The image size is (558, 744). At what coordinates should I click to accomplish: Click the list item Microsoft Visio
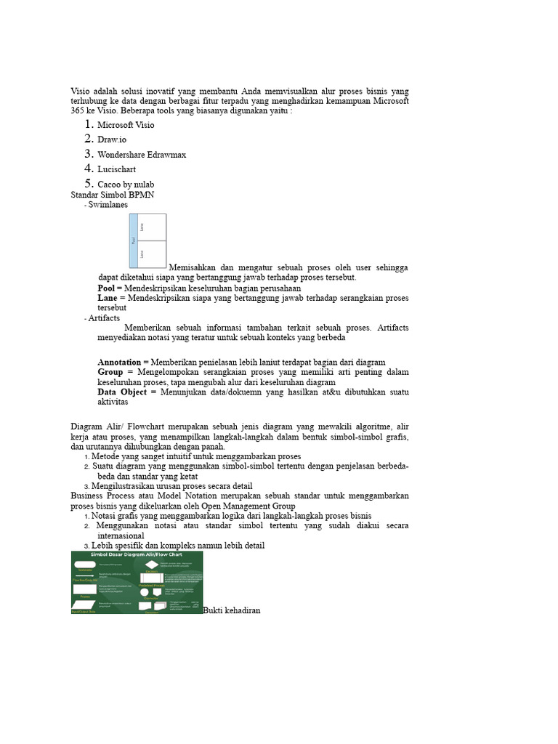tap(126, 125)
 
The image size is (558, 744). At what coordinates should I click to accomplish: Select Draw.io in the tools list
tap(112, 139)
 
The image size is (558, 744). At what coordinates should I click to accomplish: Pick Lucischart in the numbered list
tap(117, 169)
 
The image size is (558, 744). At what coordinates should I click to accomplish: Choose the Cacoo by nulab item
tap(126, 185)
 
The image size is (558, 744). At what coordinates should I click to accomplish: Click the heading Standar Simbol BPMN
tap(112, 195)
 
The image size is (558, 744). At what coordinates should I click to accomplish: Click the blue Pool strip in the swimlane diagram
tap(134, 240)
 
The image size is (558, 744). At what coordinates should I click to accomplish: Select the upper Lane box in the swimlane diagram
tap(153, 227)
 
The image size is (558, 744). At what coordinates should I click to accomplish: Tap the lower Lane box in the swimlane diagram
tap(153, 254)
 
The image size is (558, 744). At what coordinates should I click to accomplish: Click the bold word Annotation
tap(120, 362)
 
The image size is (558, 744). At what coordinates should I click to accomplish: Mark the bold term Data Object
tap(122, 392)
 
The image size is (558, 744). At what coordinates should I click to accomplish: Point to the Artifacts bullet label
tap(104, 318)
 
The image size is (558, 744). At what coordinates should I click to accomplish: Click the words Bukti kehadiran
tap(232, 610)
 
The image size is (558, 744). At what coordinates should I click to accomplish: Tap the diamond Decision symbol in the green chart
tap(151, 565)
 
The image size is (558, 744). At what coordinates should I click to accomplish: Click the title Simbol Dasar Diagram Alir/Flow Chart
tap(137, 554)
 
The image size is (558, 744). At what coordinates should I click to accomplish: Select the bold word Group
tap(110, 372)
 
